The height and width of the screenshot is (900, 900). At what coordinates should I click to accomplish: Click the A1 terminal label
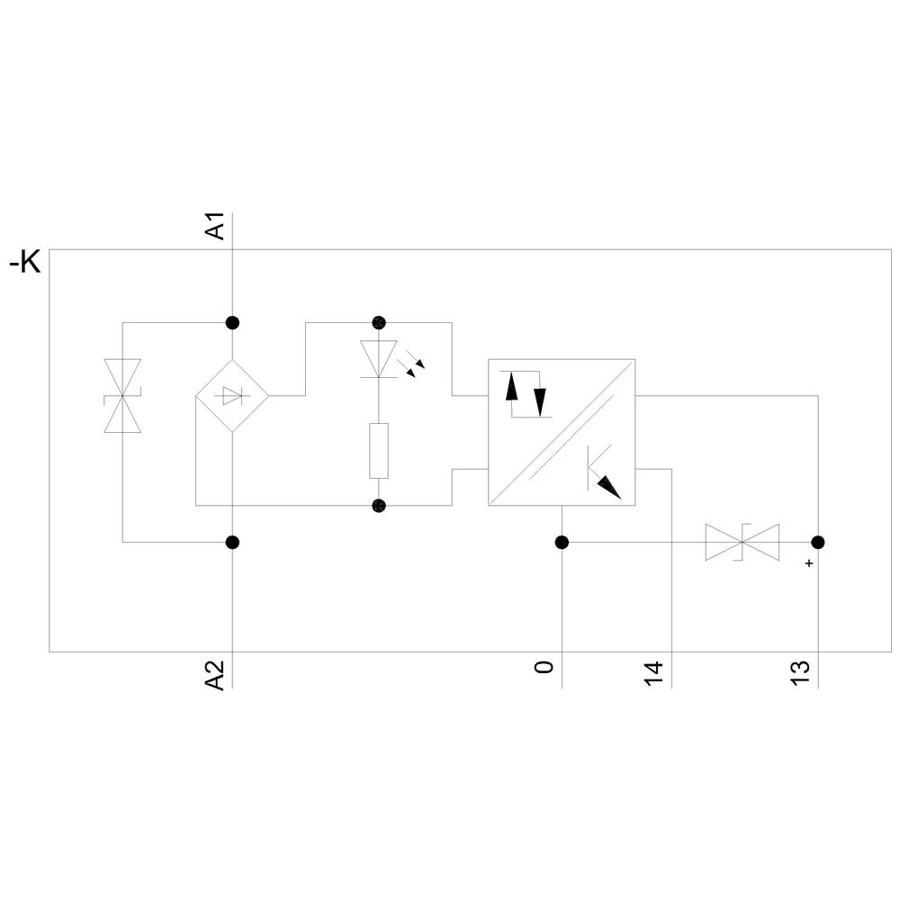pyautogui.click(x=215, y=226)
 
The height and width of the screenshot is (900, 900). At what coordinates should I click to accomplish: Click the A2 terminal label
pyautogui.click(x=215, y=675)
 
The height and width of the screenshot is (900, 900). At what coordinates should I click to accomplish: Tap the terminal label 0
pyautogui.click(x=544, y=667)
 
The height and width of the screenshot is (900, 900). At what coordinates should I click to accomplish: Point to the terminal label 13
pyautogui.click(x=800, y=673)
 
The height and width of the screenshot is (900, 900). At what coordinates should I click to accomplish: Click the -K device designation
pyautogui.click(x=25, y=263)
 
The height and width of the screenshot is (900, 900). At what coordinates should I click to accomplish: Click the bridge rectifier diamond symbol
pyautogui.click(x=232, y=395)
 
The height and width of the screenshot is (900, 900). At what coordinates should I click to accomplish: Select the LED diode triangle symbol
pyautogui.click(x=379, y=359)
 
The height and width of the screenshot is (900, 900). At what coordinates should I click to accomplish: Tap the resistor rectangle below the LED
pyautogui.click(x=379, y=451)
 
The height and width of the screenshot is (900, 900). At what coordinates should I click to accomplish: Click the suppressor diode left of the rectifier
pyautogui.click(x=122, y=395)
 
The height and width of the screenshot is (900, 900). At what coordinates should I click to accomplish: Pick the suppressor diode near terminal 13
pyautogui.click(x=742, y=542)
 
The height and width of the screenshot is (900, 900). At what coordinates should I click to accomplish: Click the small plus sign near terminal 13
pyautogui.click(x=809, y=563)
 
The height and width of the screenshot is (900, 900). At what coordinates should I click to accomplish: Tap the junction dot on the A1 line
pyautogui.click(x=232, y=322)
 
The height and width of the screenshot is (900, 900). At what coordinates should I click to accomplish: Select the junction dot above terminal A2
pyautogui.click(x=232, y=542)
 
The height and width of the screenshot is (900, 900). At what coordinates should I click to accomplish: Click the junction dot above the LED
pyautogui.click(x=379, y=322)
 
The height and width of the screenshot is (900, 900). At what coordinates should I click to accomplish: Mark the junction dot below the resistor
pyautogui.click(x=379, y=506)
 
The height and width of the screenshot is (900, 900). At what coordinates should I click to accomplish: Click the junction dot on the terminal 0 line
pyautogui.click(x=562, y=542)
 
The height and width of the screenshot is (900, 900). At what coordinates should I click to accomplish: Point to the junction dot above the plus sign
pyautogui.click(x=818, y=542)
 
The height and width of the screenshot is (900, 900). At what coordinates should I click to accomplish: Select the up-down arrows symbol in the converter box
pyautogui.click(x=526, y=394)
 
